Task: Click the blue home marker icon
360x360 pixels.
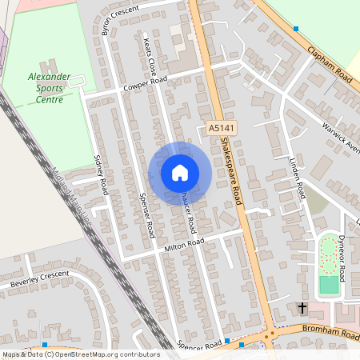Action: coord(179,173)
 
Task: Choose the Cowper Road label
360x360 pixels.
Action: coord(146,83)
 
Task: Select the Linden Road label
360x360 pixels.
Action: coord(298,179)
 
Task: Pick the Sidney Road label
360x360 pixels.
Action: coord(101,175)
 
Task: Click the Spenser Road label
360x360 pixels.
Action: coord(146,215)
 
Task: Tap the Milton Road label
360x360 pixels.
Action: coord(185,245)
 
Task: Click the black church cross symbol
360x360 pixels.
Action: coord(302,307)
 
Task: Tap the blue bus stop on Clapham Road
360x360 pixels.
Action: coord(295,29)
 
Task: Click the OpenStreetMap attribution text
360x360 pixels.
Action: coord(80,354)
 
